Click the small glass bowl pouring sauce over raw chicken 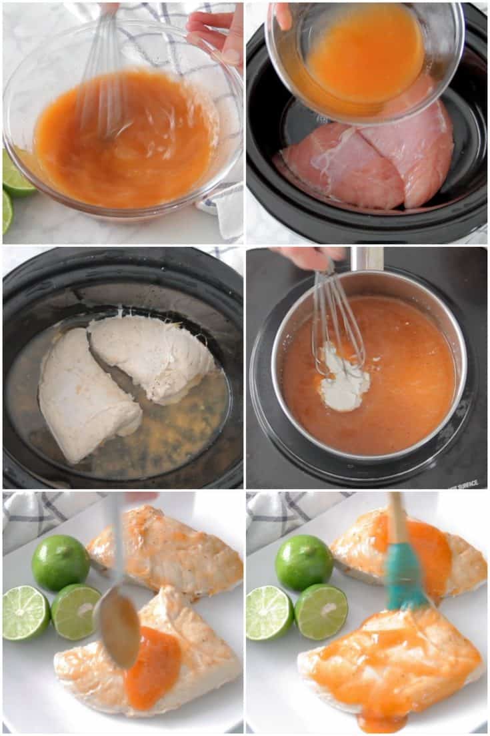(x=363, y=57)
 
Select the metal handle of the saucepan (x=367, y=258)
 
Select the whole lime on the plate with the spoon (x=60, y=563)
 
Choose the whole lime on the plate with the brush (x=304, y=563)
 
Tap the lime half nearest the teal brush (x=321, y=611)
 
